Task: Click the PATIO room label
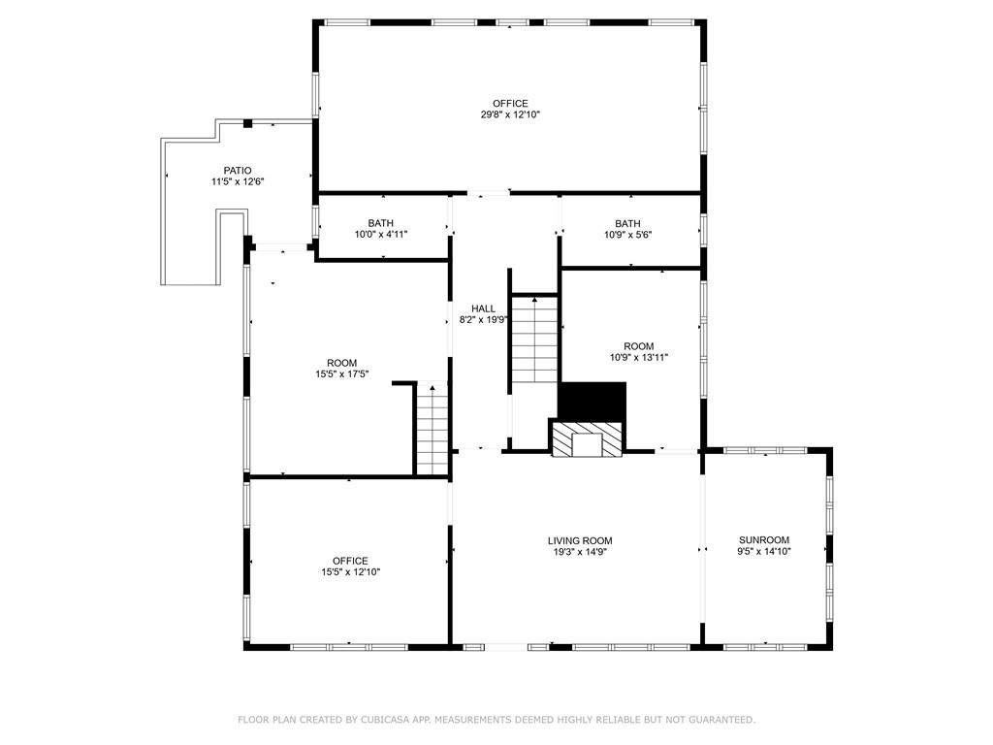click(238, 171)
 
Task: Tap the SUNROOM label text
click(764, 539)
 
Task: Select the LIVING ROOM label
click(580, 540)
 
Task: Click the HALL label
click(483, 308)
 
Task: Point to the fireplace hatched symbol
click(586, 438)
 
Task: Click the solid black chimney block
click(593, 401)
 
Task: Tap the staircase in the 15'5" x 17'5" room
click(432, 429)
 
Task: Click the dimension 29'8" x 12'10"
click(510, 114)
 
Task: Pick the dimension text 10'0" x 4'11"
click(380, 235)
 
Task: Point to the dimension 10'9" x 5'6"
click(627, 235)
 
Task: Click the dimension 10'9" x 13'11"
click(639, 357)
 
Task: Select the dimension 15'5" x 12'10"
click(350, 572)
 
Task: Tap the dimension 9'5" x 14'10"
click(764, 551)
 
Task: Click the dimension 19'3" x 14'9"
click(580, 552)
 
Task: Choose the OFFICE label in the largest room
click(510, 103)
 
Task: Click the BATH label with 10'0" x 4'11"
click(380, 223)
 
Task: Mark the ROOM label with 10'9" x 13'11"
click(639, 346)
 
